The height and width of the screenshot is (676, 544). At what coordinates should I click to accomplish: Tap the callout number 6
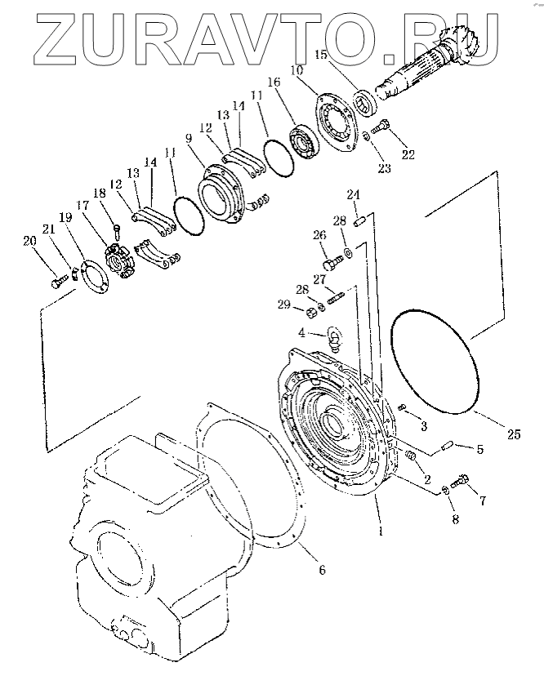322,570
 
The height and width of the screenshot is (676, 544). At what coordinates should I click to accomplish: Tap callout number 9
188,140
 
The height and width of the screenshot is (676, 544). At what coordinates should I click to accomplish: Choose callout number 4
301,333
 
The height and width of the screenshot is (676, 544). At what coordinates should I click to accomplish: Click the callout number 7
483,500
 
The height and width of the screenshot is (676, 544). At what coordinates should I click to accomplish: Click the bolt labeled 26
331,263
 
